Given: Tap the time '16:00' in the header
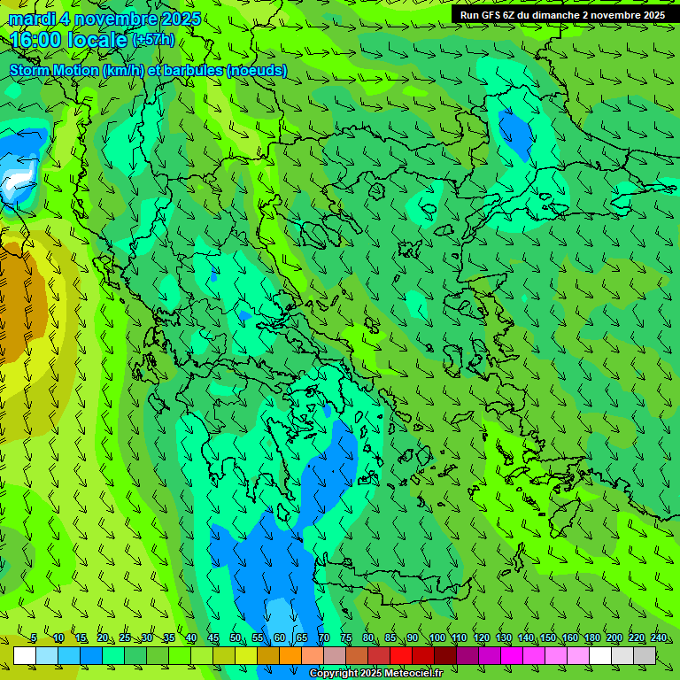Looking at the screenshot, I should click(37, 40).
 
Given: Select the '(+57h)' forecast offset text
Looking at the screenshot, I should click(152, 40).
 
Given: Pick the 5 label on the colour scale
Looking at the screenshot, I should click(34, 637).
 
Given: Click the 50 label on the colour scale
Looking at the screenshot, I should click(236, 637).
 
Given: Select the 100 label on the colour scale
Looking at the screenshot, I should click(437, 637).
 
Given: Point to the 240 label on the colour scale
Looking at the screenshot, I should click(659, 637).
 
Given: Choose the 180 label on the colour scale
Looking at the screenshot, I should click(591, 637).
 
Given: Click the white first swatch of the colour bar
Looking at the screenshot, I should click(25, 655).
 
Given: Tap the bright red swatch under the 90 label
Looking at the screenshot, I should click(401, 655).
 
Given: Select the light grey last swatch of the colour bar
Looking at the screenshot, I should click(645, 655).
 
